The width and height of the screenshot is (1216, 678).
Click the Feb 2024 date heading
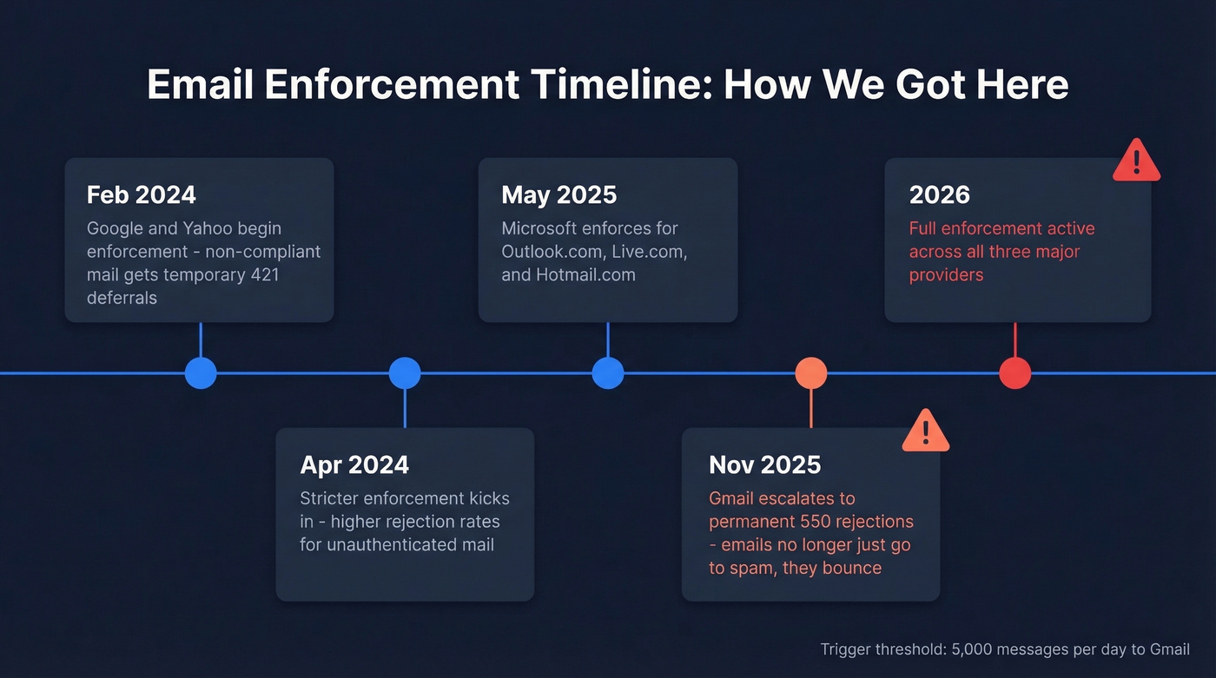tap(142, 194)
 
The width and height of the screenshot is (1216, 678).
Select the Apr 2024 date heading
tap(354, 464)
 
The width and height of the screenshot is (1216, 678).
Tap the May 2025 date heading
tap(558, 194)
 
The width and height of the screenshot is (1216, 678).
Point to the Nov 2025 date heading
tap(764, 464)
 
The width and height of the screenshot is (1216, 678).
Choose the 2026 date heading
tap(939, 194)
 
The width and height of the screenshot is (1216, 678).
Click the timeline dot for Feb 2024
tap(201, 373)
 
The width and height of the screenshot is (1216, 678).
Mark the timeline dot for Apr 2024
tap(405, 373)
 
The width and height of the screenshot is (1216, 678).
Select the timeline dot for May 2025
tap(608, 373)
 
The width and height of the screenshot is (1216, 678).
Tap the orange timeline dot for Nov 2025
tap(811, 373)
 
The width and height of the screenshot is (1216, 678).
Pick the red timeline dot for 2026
tap(1014, 373)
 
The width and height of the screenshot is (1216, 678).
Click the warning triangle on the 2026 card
tap(1136, 161)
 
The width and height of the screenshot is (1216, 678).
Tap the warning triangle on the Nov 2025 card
tap(926, 431)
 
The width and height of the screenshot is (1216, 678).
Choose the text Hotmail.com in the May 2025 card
tap(590, 274)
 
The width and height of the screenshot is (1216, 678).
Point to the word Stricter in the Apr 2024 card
tap(328, 498)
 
